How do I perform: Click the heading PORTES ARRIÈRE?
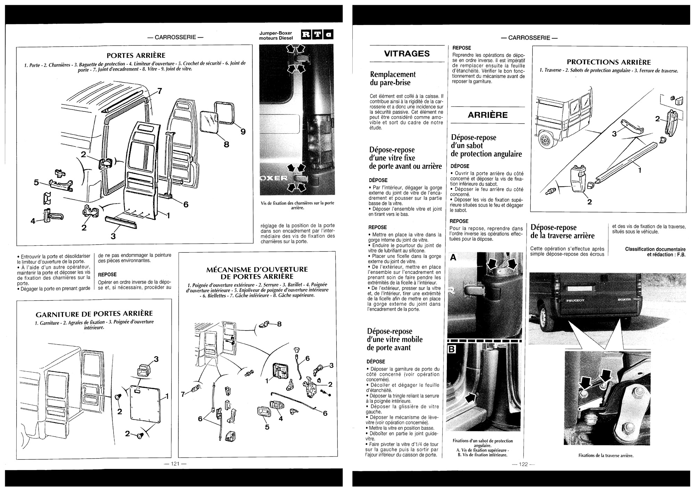point(136,55)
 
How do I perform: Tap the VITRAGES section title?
point(407,54)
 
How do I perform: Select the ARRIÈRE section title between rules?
point(488,115)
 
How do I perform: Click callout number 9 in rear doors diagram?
point(243,132)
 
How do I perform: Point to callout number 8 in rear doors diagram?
point(227,144)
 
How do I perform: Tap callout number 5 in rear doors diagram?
point(36,182)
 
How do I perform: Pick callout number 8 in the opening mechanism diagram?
point(279,324)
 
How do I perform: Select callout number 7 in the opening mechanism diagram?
point(183,394)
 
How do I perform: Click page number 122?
point(523,464)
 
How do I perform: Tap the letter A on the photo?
point(453,258)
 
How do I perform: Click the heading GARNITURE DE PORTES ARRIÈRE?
point(94,314)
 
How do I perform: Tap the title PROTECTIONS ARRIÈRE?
point(609,62)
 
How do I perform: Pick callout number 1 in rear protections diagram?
point(640,170)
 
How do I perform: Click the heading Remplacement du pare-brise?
point(392,79)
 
